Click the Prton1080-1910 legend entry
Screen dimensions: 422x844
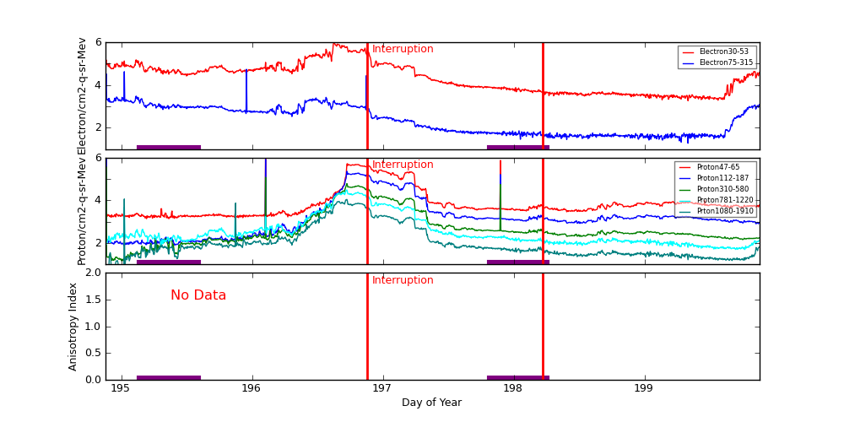click(x=725, y=211)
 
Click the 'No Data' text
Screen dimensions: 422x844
click(x=198, y=295)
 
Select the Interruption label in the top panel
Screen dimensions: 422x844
click(x=403, y=49)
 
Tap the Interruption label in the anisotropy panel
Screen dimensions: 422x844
click(x=403, y=280)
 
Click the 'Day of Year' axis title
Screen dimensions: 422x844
click(x=431, y=403)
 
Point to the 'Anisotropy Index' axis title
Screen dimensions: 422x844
click(x=73, y=327)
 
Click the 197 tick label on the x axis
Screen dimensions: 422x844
click(x=383, y=388)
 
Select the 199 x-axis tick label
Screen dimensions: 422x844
click(x=645, y=388)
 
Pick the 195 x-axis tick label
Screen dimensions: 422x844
click(x=122, y=388)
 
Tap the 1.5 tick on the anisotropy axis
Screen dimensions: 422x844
click(x=91, y=300)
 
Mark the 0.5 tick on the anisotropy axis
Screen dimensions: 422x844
click(x=91, y=353)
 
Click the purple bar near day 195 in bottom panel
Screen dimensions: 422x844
click(x=169, y=377)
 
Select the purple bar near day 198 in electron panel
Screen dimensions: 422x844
click(x=517, y=147)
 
